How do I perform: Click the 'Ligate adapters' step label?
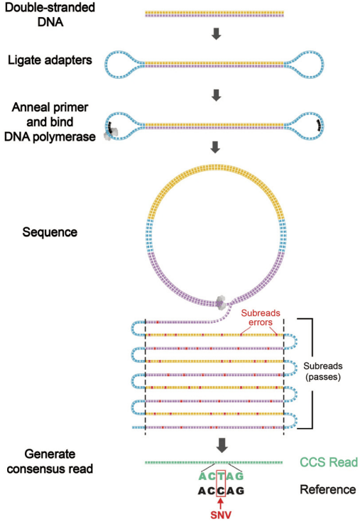tap(50, 60)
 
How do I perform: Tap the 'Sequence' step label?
tap(50, 232)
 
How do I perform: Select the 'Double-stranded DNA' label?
tap(50, 14)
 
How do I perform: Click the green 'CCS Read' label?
tap(329, 462)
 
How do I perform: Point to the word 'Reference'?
tap(328, 490)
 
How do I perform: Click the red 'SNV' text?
tap(221, 515)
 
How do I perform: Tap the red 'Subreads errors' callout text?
tap(261, 317)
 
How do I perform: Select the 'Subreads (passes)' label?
tap(323, 371)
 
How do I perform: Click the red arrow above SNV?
tap(221, 503)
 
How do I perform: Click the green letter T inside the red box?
tap(221, 476)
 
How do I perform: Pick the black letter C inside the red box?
tap(221, 491)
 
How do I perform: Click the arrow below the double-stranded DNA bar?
tap(217, 34)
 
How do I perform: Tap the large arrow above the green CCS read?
tap(222, 445)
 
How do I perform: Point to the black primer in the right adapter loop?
tap(320, 125)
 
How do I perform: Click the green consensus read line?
tap(214, 462)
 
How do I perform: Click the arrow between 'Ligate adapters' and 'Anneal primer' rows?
tap(217, 95)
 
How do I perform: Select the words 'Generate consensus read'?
tap(50, 462)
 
